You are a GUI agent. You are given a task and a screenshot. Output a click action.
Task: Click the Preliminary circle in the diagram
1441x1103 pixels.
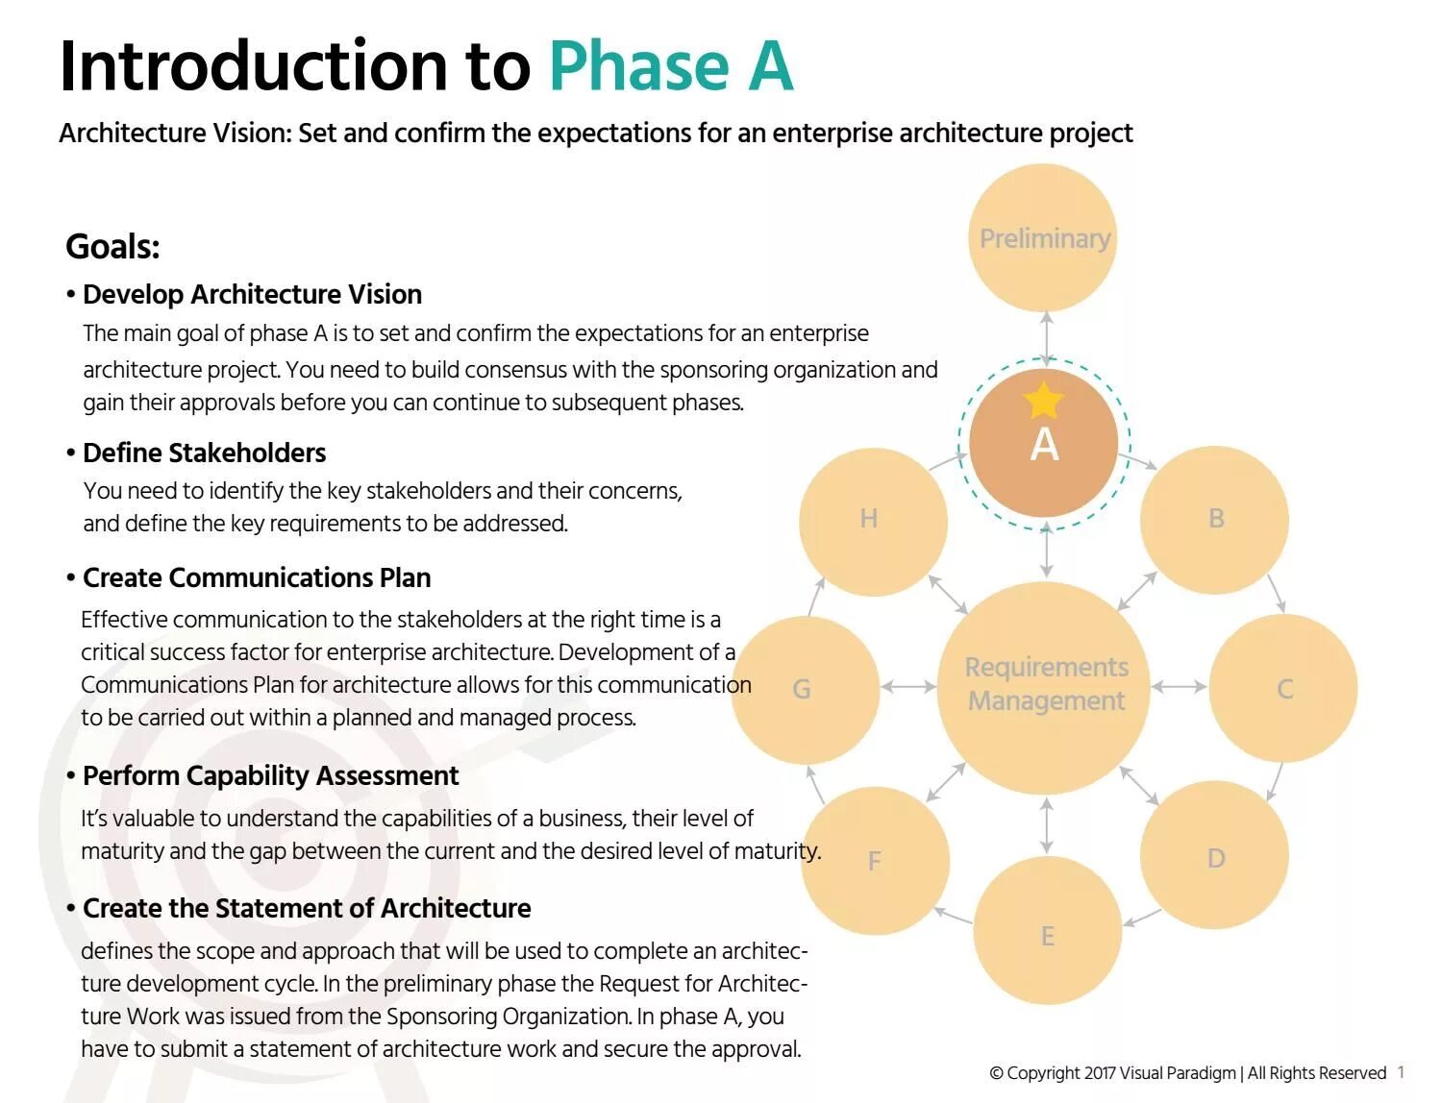(1044, 237)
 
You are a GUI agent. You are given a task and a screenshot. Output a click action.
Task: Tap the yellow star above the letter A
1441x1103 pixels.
(1043, 400)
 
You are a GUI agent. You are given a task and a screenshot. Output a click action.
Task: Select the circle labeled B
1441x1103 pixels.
(1215, 519)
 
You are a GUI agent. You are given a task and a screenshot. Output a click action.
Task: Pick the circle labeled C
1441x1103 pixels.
(1283, 688)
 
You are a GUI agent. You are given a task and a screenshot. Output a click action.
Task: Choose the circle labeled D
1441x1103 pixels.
(1215, 857)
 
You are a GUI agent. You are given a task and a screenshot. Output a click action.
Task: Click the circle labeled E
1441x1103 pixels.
(1047, 934)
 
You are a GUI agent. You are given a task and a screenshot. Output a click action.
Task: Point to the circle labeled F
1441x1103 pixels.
(874, 860)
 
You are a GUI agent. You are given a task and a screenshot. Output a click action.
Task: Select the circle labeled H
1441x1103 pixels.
(869, 519)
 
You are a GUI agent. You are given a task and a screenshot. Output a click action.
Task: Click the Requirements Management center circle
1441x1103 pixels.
(1045, 685)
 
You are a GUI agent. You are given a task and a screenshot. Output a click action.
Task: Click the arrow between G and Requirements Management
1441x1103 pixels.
(907, 686)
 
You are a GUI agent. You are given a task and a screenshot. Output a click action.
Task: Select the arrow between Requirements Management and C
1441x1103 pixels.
(1179, 686)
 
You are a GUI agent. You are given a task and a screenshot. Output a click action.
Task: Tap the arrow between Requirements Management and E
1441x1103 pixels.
(1046, 825)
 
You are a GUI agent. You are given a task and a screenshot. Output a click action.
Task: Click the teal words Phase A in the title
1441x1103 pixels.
(671, 66)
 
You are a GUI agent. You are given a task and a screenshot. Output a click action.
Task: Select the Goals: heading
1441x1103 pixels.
(112, 247)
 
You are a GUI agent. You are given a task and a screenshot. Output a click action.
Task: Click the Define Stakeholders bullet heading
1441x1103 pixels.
(204, 453)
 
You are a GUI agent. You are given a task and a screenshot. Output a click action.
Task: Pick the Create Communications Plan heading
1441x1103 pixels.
(256, 577)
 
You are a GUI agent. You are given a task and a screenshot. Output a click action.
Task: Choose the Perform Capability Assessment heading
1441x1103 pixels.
(270, 775)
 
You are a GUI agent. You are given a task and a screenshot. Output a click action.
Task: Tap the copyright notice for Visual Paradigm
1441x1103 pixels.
(1187, 1072)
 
